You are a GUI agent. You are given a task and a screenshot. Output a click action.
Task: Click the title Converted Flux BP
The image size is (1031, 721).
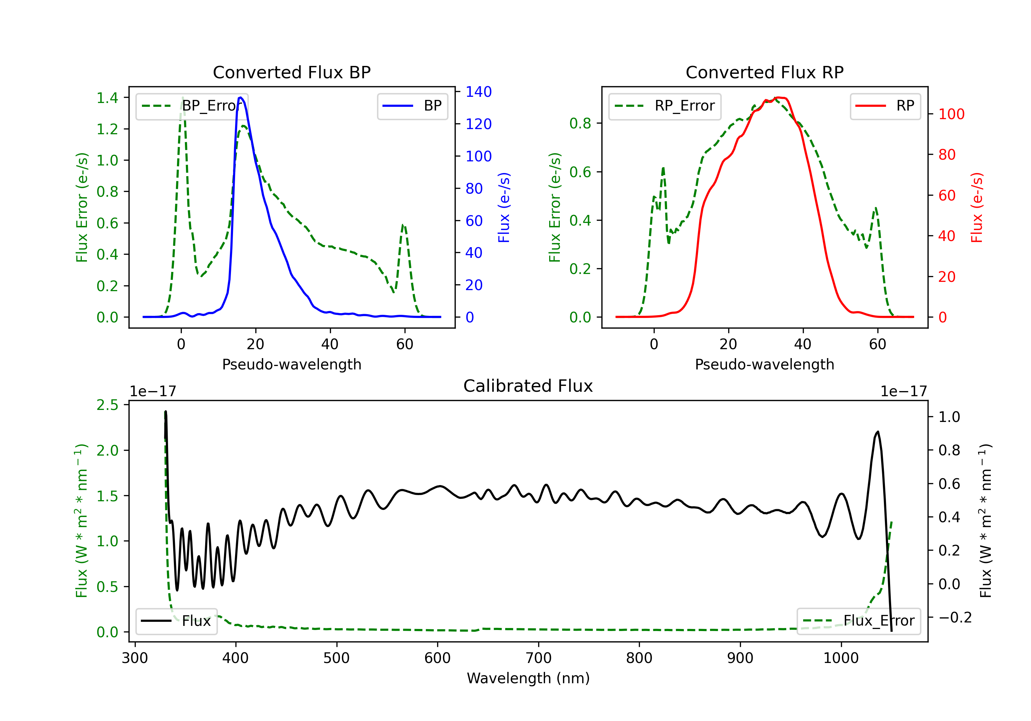point(291,72)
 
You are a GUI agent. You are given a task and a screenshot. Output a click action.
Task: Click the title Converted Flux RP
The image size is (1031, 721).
point(764,72)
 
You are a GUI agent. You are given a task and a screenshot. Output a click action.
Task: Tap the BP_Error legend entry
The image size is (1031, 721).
point(192,106)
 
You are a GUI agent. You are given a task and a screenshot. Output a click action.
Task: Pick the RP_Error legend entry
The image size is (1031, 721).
point(665,106)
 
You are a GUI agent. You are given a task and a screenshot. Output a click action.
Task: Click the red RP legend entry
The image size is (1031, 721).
point(885,106)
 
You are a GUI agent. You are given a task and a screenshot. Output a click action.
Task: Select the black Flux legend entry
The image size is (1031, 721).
point(177,621)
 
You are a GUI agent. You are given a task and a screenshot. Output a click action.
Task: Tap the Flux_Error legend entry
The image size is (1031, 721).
point(858,621)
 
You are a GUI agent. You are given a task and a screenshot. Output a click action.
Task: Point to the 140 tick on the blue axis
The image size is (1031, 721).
point(478,92)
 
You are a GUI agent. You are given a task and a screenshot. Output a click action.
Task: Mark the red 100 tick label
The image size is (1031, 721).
point(951,114)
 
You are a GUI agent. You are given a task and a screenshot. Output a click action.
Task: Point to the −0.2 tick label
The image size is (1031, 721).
point(955,618)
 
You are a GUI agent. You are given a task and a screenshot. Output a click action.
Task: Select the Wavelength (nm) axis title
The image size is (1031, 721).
point(528,678)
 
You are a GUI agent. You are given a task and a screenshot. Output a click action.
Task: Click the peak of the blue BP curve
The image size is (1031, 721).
point(241,98)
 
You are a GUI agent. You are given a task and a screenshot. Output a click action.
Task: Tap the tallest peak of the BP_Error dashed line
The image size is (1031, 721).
point(182,98)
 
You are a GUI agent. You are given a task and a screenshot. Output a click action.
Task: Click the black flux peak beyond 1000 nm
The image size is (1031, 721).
point(877,432)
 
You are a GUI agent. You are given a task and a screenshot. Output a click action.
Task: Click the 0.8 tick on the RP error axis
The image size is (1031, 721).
point(580,123)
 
